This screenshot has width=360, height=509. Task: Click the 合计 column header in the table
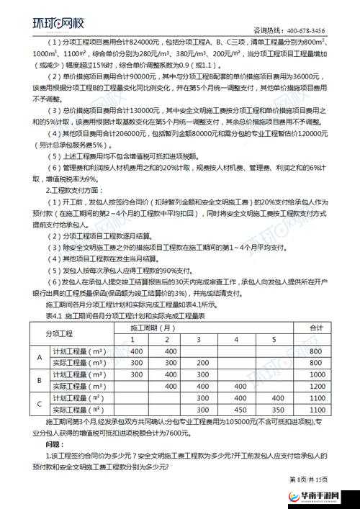pyautogui.click(x=315, y=328)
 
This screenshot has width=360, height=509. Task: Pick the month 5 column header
pyautogui.click(x=273, y=339)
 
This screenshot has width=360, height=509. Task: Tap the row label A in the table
pyautogui.click(x=40, y=356)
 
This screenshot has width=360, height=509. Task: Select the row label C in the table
pyautogui.click(x=40, y=403)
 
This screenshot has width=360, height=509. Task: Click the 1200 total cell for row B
pyautogui.click(x=315, y=386)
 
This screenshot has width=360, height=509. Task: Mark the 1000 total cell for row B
pyautogui.click(x=315, y=374)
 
